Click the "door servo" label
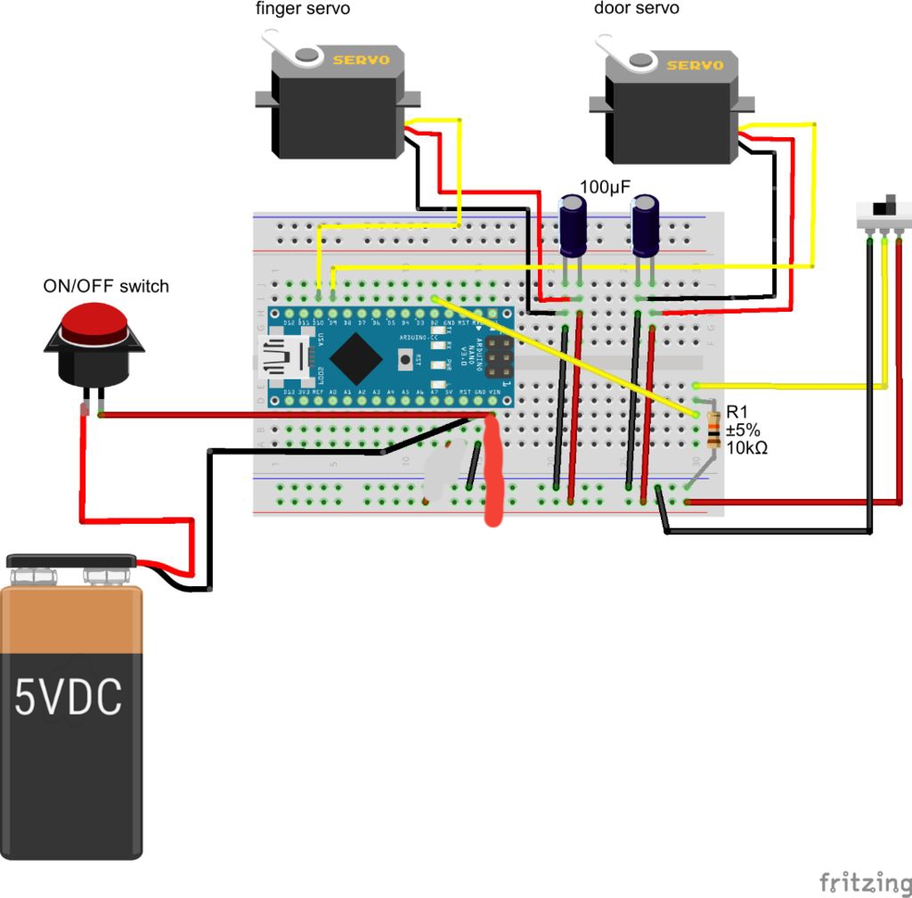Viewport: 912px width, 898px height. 636,9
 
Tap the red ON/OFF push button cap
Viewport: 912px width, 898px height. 93,321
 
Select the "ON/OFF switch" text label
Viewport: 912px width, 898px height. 106,286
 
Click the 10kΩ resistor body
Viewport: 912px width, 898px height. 712,431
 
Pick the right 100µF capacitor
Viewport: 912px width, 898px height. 645,226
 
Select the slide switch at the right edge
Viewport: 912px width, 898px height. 883,213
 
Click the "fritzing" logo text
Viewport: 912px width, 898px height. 859,881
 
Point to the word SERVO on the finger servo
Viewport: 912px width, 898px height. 361,61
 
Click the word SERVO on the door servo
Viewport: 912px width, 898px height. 696,65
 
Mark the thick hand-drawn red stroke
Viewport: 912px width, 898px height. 493,472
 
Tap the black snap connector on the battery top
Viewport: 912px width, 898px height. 71,561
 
